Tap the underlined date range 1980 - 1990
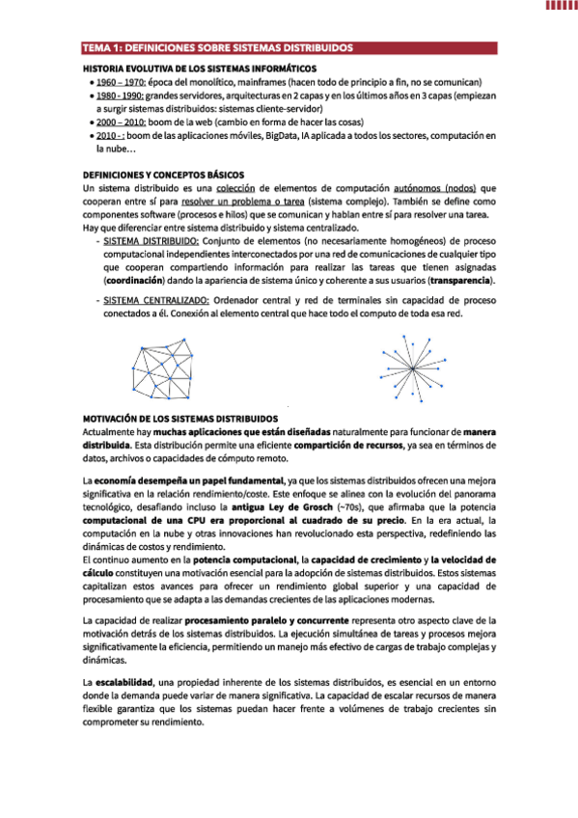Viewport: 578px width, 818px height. coord(120,96)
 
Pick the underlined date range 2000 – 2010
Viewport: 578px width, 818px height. coord(120,123)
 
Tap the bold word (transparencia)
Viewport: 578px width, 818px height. coord(456,280)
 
